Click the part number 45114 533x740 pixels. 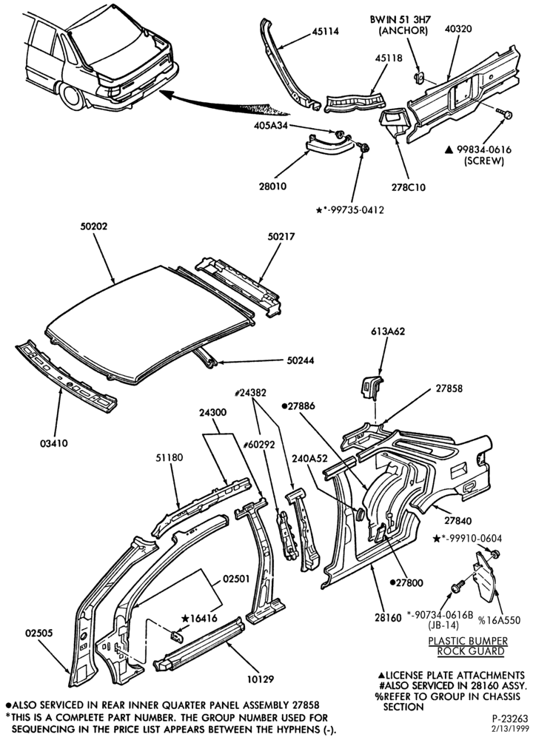[x=325, y=32]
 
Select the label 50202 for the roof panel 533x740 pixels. [x=93, y=226]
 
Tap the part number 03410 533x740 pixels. [x=54, y=443]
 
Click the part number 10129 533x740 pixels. [x=260, y=679]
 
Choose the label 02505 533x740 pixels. [x=38, y=633]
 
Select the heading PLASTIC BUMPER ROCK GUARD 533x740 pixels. [x=468, y=646]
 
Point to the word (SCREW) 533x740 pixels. [x=484, y=161]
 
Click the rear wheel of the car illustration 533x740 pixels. [x=71, y=96]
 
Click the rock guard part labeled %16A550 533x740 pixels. [x=484, y=576]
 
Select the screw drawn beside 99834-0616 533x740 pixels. [x=505, y=113]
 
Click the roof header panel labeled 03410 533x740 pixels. [x=66, y=376]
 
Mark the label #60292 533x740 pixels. [x=258, y=444]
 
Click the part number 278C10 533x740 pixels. [x=409, y=187]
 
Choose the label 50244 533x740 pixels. [x=301, y=360]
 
